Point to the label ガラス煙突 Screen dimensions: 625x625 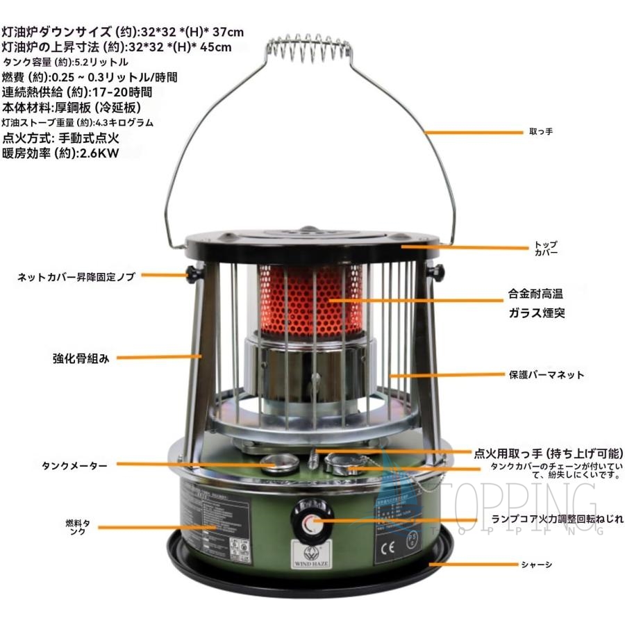click(x=535, y=312)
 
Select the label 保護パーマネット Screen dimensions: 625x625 click(x=547, y=375)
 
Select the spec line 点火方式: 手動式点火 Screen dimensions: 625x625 click(x=61, y=138)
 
